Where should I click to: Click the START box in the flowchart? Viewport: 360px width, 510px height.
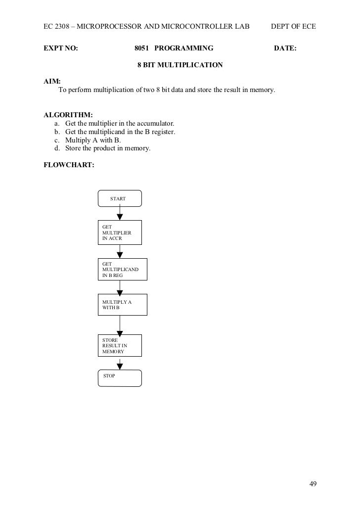[x=120, y=198]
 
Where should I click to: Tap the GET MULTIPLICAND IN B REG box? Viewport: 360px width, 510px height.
[x=122, y=269]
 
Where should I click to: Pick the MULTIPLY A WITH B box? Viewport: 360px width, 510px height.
[x=122, y=305]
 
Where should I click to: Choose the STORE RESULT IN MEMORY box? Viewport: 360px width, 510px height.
[x=120, y=346]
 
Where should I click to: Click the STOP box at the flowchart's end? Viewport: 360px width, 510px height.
[x=120, y=378]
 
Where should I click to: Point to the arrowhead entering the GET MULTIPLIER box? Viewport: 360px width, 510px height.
[x=120, y=217]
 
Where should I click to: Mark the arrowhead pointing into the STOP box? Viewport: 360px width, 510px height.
[x=120, y=367]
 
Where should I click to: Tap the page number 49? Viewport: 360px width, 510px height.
[x=313, y=483]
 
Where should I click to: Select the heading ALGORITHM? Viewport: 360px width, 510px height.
[x=65, y=115]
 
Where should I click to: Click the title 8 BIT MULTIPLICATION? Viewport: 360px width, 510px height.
[x=180, y=65]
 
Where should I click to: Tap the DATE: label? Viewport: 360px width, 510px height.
[x=285, y=48]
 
